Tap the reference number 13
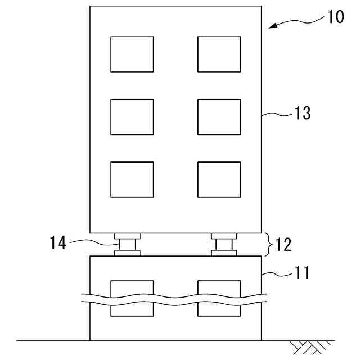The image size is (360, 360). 302,113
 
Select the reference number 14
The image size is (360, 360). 57,243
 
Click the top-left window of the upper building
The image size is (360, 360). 132,54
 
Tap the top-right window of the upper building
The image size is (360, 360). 219,54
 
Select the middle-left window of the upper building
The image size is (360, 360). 132,117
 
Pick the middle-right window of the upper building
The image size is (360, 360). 219,117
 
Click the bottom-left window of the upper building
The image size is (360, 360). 132,179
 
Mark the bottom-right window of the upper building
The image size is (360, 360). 219,179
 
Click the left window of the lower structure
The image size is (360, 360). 132,298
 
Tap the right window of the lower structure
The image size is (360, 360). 219,298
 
